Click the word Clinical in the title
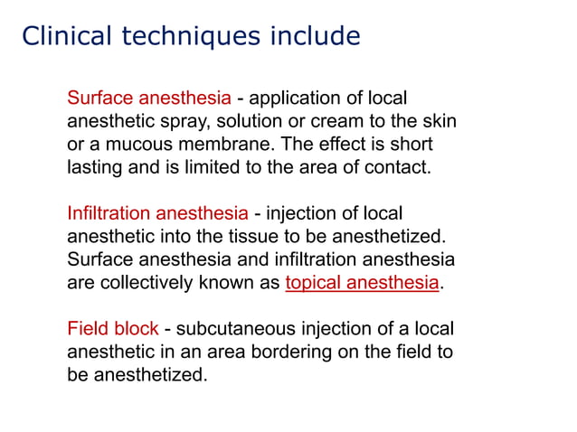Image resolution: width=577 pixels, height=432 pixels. pyautogui.click(x=62, y=36)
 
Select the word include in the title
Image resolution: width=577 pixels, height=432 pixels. pyautogui.click(x=313, y=36)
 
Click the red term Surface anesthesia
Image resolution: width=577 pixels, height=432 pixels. pyautogui.click(x=149, y=98)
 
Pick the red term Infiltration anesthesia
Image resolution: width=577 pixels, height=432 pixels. pyautogui.click(x=157, y=213)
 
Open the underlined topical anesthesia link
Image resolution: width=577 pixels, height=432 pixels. pyautogui.click(x=362, y=282)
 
